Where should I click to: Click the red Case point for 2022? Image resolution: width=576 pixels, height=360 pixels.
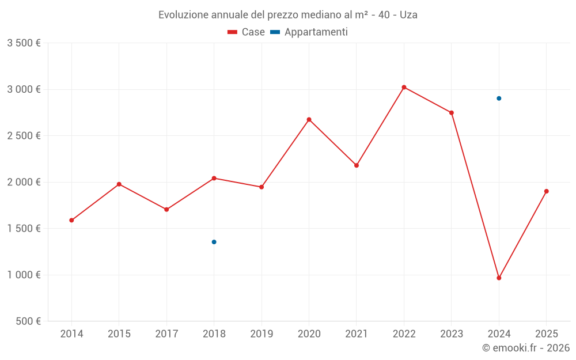click(x=404, y=88)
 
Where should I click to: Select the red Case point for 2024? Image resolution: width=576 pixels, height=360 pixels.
click(x=499, y=278)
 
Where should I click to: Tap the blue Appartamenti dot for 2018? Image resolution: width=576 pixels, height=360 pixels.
click(x=214, y=242)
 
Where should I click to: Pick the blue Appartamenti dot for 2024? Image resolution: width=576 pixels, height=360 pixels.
click(x=499, y=98)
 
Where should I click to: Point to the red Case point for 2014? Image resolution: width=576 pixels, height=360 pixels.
click(x=71, y=221)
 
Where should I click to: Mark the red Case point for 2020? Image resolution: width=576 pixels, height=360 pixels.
click(x=309, y=120)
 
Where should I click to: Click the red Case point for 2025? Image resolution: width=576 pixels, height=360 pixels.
click(x=546, y=191)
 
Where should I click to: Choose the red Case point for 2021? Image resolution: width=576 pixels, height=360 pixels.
click(x=357, y=165)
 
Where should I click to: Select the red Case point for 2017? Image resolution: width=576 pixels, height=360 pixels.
click(x=166, y=210)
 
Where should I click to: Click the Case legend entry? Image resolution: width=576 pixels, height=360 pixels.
click(x=247, y=32)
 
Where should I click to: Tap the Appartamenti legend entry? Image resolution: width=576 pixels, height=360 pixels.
click(x=309, y=32)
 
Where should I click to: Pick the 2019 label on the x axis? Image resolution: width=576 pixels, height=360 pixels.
click(x=262, y=334)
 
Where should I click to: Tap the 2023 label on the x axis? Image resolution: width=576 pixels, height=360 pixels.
click(x=452, y=334)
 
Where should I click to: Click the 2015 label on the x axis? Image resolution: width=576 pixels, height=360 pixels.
click(x=119, y=334)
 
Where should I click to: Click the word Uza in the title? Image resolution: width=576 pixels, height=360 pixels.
click(x=408, y=15)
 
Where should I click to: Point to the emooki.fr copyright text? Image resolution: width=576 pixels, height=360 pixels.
click(x=526, y=348)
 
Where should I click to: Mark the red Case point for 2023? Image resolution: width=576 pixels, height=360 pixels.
click(x=452, y=113)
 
